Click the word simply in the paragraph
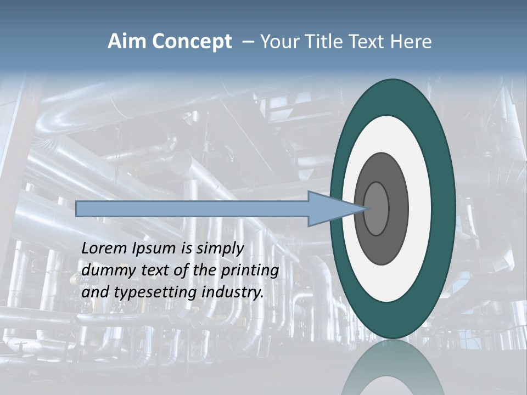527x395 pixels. point(220,249)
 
